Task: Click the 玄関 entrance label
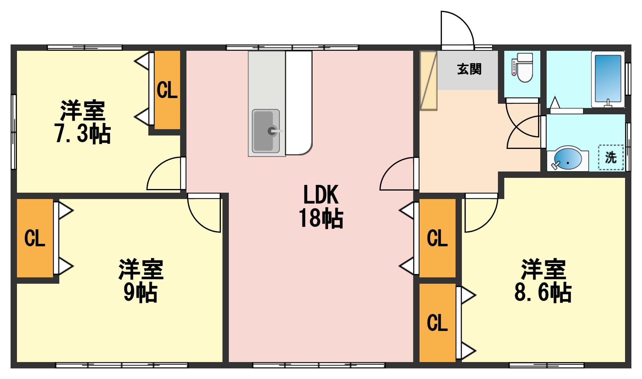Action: tap(469, 69)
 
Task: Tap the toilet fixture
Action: tap(523, 68)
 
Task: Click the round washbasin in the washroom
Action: tap(567, 160)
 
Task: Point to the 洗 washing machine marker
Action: tap(611, 157)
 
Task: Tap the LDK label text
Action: tap(321, 195)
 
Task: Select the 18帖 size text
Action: tap(321, 218)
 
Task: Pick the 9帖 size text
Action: tap(140, 292)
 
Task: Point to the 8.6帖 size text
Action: tap(543, 292)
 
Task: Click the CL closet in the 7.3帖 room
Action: tap(167, 90)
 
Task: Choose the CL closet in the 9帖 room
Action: tap(35, 238)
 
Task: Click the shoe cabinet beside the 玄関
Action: tap(428, 80)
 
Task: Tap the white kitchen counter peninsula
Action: tap(299, 102)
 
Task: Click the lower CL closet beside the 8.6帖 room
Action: tap(437, 323)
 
